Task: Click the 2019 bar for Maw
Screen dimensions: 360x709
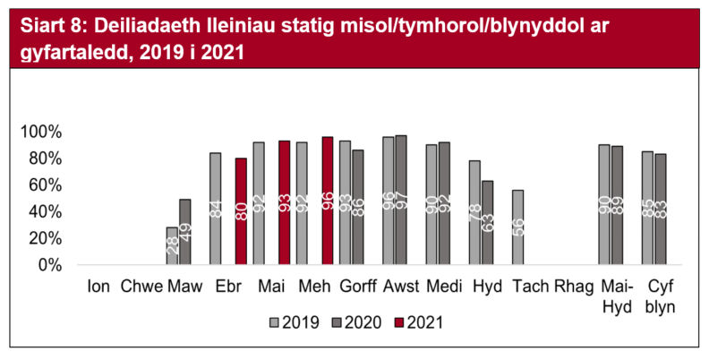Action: (x=172, y=246)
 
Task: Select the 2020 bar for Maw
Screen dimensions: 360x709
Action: (x=184, y=232)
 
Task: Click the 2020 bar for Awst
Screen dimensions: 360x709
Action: (x=400, y=201)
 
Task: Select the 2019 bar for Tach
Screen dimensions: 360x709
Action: (x=517, y=227)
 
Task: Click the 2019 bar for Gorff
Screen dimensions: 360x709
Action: (x=345, y=203)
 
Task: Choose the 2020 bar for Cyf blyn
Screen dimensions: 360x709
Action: (x=660, y=210)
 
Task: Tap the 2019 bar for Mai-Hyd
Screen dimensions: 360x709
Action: (x=604, y=205)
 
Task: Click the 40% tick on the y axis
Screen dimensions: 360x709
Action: (x=46, y=212)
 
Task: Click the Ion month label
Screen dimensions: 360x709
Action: (x=98, y=287)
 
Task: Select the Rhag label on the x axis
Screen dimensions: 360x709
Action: (x=569, y=287)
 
